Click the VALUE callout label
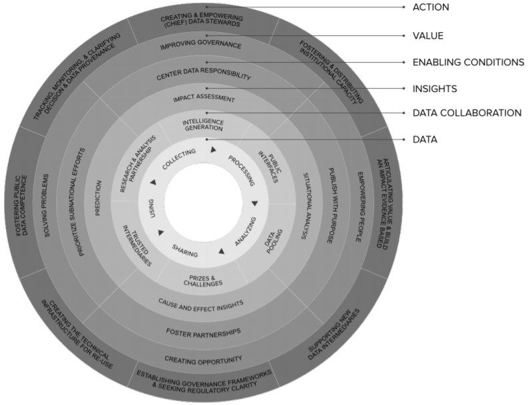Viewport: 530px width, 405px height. point(429,35)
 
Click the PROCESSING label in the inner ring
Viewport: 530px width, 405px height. point(242,171)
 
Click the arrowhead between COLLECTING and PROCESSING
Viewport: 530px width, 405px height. point(213,150)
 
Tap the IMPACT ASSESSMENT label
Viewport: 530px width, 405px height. point(204,99)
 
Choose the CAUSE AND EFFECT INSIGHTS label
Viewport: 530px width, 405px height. point(200,304)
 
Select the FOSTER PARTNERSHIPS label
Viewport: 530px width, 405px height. point(204,331)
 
